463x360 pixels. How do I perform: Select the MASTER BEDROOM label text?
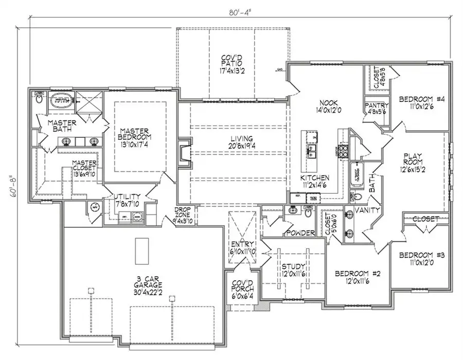(135, 138)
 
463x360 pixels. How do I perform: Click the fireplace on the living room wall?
(184, 152)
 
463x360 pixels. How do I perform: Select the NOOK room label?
(326, 105)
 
